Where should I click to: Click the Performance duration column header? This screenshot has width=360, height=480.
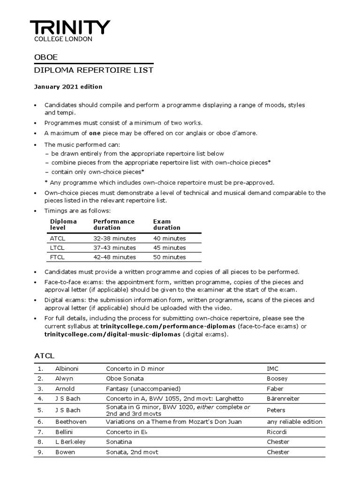(x=114, y=225)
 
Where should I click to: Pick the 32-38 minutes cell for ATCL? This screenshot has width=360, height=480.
(x=115, y=238)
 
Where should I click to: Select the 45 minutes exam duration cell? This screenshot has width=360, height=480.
(x=170, y=247)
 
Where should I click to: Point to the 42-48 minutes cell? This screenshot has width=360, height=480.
(x=115, y=257)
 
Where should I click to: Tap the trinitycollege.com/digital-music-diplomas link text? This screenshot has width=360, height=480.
(x=112, y=334)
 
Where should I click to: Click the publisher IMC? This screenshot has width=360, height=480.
(x=272, y=368)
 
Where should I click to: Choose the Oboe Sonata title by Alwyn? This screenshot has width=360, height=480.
(x=125, y=378)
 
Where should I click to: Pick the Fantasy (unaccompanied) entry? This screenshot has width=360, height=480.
(x=143, y=389)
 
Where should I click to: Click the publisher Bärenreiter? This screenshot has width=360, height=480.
(x=283, y=398)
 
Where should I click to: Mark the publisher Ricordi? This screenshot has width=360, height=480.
(x=277, y=432)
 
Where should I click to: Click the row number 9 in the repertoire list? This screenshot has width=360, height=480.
(x=41, y=452)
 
